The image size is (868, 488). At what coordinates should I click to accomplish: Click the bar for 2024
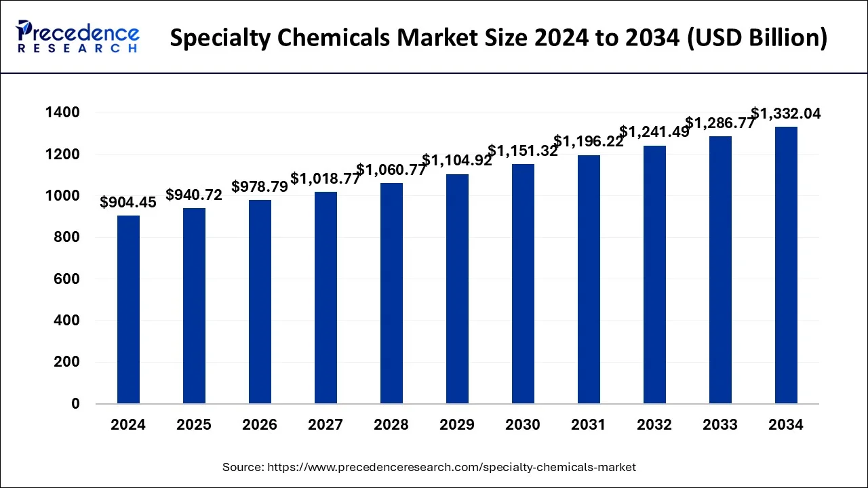(128, 310)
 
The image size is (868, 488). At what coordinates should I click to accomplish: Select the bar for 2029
(457, 289)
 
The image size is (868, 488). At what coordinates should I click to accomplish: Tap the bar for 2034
(786, 265)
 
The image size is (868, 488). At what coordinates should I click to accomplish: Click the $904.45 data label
(128, 202)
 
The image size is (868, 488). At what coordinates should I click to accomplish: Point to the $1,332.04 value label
(786, 114)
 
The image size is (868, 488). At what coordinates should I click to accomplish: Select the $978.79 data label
(260, 186)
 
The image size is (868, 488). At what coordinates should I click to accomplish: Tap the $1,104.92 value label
(457, 160)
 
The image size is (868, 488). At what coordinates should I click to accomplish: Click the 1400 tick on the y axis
(62, 113)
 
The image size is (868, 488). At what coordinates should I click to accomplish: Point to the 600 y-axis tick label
(66, 279)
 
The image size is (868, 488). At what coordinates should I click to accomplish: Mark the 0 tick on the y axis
(75, 404)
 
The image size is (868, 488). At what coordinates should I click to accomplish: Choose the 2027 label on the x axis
(325, 425)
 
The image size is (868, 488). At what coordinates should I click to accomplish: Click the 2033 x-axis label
(720, 425)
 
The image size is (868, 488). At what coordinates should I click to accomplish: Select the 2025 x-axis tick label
(194, 425)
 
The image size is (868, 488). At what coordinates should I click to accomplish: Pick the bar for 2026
(260, 302)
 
